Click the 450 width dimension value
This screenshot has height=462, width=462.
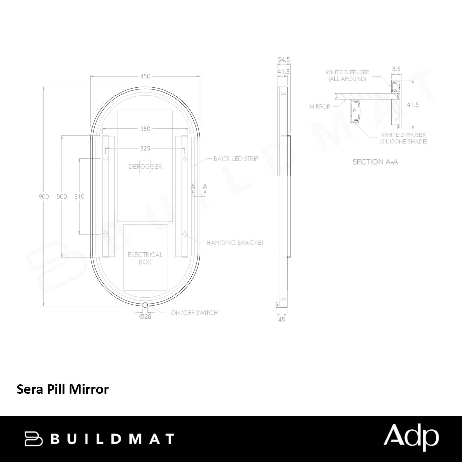tap(145, 76)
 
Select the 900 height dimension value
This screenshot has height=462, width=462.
tap(44, 197)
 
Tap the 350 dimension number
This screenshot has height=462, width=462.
tap(145, 129)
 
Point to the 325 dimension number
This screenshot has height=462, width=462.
tap(145, 148)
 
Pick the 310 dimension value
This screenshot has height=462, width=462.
tap(79, 197)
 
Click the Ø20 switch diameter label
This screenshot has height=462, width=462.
tap(145, 317)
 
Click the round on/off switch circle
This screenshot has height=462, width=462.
tap(145, 305)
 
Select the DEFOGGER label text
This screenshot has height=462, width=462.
tap(145, 166)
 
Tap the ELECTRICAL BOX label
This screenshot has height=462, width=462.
tap(145, 258)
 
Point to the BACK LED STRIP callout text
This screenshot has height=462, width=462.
tap(236, 158)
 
